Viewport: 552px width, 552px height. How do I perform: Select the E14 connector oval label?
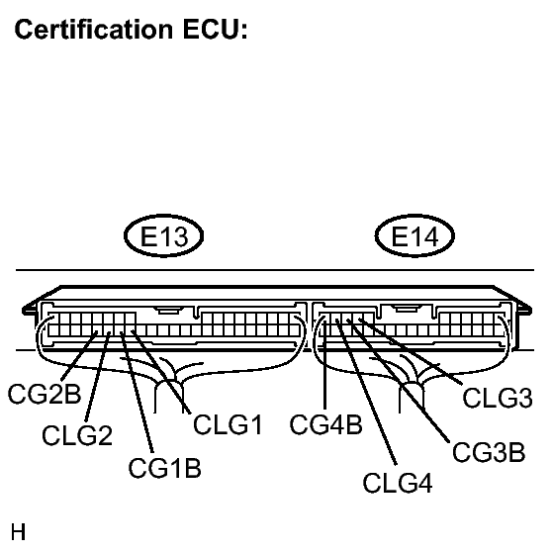click(x=415, y=236)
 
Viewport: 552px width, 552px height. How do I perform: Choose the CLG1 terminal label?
click(x=228, y=426)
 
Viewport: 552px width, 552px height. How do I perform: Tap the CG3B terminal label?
click(x=488, y=453)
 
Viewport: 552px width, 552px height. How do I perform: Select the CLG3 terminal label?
click(x=499, y=398)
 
